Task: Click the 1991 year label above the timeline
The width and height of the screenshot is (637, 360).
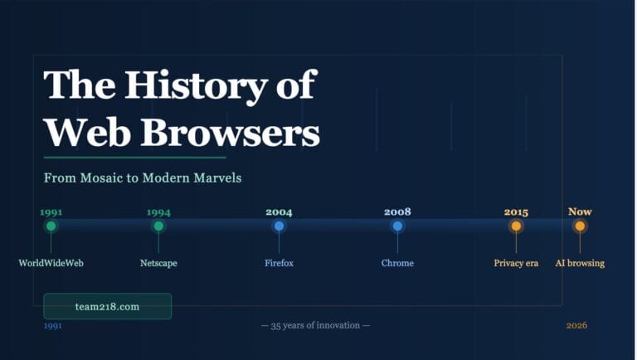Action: point(51,212)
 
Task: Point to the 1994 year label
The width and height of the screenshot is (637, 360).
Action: point(158,212)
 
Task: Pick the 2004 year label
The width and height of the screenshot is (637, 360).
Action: point(279,212)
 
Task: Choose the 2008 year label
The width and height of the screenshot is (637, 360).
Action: point(397,212)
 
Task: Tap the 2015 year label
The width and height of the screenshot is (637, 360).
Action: point(516,212)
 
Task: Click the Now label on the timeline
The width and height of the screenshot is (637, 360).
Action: point(580,212)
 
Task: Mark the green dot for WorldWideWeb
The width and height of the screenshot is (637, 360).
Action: point(51,226)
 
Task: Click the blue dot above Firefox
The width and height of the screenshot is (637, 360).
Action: point(279,226)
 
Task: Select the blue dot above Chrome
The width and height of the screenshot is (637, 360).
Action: point(397,226)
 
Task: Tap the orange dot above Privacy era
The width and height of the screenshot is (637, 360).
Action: point(516,226)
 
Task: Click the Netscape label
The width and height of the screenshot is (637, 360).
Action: point(158,263)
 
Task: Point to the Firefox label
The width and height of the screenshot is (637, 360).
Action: point(279,263)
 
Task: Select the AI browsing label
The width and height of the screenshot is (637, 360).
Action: point(580,263)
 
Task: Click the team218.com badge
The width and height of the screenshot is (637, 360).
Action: point(107,306)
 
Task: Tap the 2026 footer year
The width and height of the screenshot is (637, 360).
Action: point(576,325)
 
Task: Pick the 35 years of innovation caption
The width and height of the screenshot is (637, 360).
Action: point(315,325)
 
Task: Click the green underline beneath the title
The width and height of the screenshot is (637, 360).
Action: point(134,157)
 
